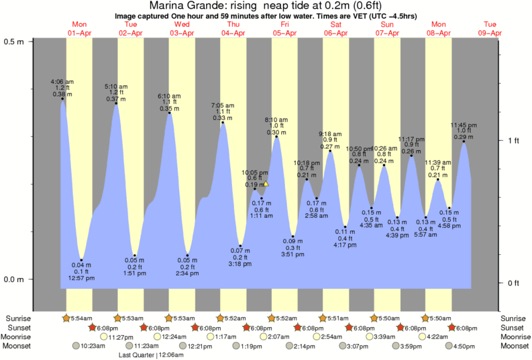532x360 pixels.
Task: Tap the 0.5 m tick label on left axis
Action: pos(15,42)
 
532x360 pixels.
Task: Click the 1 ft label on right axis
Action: pos(513,140)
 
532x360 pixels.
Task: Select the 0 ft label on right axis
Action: pos(513,283)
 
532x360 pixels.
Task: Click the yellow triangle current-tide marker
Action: pos(266,183)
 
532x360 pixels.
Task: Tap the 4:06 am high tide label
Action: pos(62,82)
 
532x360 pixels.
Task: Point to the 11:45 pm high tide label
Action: pos(464,125)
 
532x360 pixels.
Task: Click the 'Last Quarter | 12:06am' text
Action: pos(151,355)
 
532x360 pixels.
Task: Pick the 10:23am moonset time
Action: pos(93,346)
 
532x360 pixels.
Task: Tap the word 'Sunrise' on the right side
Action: pos(515,318)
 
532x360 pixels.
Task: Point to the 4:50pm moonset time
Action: pos(464,346)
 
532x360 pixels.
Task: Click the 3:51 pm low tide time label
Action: pos(292,254)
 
